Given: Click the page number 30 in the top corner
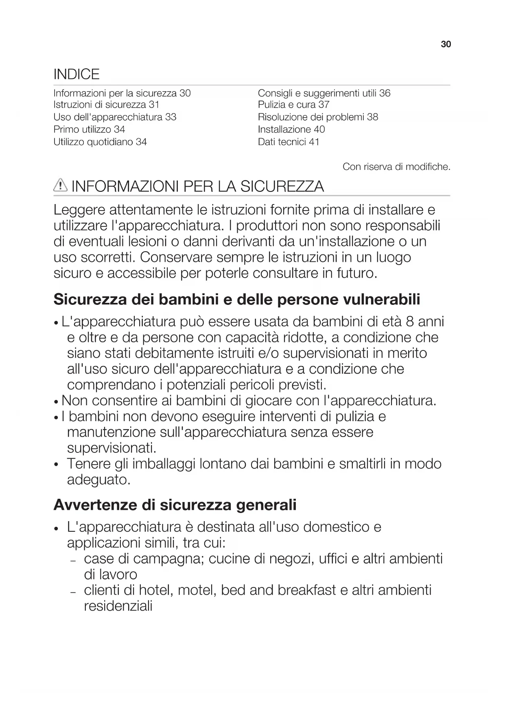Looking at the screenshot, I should [x=446, y=44].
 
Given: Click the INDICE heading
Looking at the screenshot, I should [x=77, y=74].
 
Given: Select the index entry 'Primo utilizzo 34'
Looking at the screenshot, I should [x=89, y=130].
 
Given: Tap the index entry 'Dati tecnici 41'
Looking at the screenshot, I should [x=289, y=142].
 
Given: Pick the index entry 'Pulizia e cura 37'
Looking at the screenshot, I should [x=293, y=105].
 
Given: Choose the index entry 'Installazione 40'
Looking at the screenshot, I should [x=291, y=130].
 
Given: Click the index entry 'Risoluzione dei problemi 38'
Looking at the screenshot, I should [x=318, y=117].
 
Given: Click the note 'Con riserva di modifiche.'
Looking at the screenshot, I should [x=396, y=167].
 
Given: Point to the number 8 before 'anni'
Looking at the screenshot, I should [x=410, y=322].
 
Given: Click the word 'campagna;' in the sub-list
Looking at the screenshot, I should [x=168, y=559].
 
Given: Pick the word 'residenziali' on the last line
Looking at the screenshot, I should [x=118, y=606].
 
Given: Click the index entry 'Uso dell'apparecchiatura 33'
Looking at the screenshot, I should [x=115, y=117].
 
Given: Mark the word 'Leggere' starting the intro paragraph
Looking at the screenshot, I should [x=79, y=210].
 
